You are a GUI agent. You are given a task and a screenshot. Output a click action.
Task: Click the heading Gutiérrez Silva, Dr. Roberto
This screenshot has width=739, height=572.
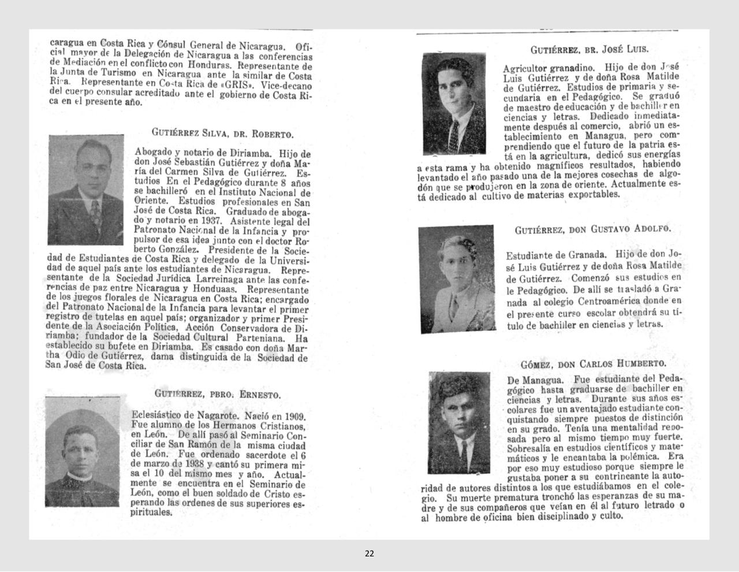pyautogui.click(x=222, y=133)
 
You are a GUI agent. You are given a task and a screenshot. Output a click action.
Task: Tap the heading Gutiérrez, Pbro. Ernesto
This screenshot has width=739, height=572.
pyautogui.click(x=217, y=394)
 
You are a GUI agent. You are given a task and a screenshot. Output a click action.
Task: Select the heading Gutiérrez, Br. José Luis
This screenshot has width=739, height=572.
pyautogui.click(x=589, y=49)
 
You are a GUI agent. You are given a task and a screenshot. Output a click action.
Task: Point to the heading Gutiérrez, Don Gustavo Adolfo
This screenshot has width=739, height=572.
pyautogui.click(x=593, y=229)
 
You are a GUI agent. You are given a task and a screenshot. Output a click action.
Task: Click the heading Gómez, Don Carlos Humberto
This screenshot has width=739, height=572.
pyautogui.click(x=593, y=364)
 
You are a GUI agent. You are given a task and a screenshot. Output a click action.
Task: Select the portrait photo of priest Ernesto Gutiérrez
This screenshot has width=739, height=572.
pyautogui.click(x=82, y=452)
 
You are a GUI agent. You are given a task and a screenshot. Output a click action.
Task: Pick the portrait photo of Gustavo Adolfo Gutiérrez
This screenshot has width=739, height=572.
pyautogui.click(x=456, y=278)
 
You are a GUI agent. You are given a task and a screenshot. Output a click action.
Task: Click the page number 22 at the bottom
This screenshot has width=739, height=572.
pyautogui.click(x=369, y=554)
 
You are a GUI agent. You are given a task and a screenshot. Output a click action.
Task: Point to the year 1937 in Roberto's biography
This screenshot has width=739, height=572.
pyautogui.click(x=213, y=221)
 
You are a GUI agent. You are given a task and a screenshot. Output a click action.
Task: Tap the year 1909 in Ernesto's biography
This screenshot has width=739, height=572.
pyautogui.click(x=292, y=416)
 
